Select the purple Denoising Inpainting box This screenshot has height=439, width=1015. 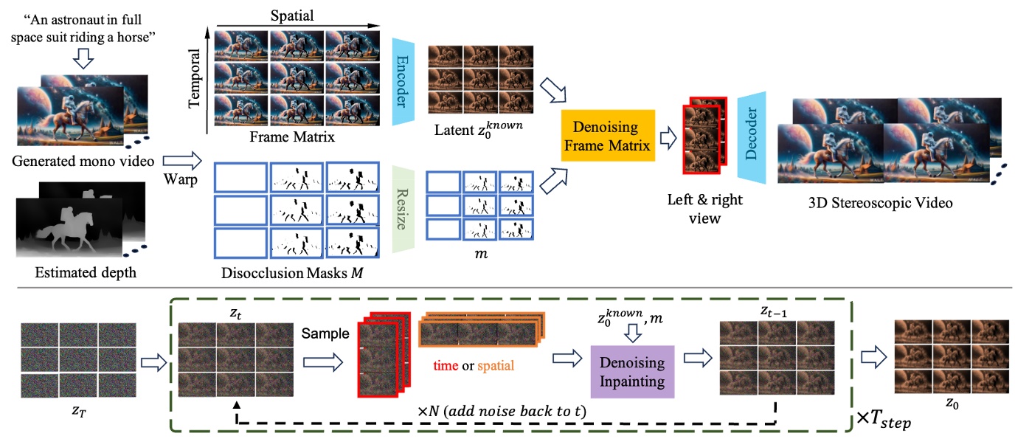pyautogui.click(x=631, y=372)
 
